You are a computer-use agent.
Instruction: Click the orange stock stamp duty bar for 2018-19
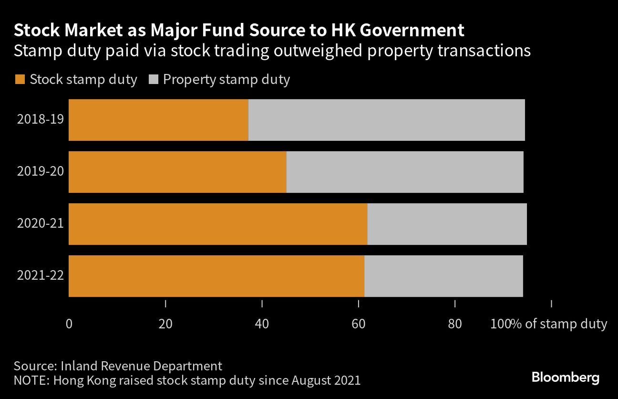(x=158, y=120)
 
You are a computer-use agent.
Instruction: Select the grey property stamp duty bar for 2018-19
(x=386, y=120)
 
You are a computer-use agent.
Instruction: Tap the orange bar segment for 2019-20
(x=177, y=172)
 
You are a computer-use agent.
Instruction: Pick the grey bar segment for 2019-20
(x=405, y=172)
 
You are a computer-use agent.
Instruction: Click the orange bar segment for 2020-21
(x=218, y=224)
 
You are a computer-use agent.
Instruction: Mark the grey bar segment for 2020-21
(x=447, y=224)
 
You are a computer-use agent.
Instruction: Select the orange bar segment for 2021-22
(x=216, y=276)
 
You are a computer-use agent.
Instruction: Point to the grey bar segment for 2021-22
(x=443, y=276)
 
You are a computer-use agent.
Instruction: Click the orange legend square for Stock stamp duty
(x=20, y=80)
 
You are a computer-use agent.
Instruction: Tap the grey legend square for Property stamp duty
(x=153, y=80)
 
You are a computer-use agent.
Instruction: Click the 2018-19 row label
(x=40, y=119)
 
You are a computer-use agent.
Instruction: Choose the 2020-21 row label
(x=40, y=223)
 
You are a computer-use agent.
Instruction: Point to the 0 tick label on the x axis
(x=69, y=324)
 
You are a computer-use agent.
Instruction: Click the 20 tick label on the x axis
(x=165, y=324)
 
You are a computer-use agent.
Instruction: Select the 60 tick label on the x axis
(x=358, y=324)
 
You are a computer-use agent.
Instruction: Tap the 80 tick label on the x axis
(x=455, y=324)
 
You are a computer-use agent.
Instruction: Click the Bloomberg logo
(x=565, y=378)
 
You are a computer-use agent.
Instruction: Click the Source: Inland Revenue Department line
(x=118, y=366)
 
